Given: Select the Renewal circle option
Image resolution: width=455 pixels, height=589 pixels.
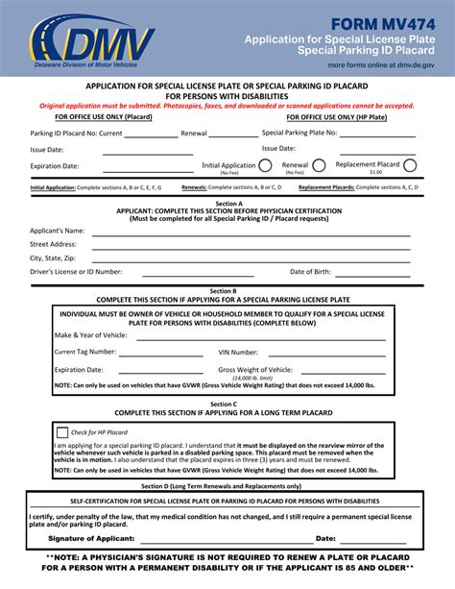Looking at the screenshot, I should [x=319, y=166].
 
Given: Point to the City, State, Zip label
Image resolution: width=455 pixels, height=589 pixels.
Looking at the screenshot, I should [x=52, y=258].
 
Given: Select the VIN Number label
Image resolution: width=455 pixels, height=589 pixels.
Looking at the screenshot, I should [x=238, y=352].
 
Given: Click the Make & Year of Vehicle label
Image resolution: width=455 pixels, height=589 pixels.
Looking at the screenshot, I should [x=92, y=335].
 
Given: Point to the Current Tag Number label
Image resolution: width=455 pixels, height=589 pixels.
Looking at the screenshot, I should [x=85, y=352].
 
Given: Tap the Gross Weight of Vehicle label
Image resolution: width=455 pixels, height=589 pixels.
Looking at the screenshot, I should [x=255, y=369].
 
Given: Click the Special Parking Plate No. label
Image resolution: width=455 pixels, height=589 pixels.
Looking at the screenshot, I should [x=299, y=133].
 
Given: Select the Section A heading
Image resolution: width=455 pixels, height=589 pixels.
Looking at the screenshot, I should [x=227, y=204].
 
